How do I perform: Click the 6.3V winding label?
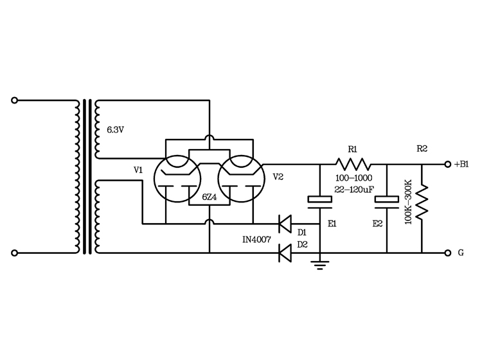click(x=115, y=130)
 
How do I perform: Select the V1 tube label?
click(x=138, y=170)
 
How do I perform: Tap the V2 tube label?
click(x=278, y=176)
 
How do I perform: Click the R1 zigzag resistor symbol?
click(x=352, y=164)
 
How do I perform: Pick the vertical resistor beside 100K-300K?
click(x=422, y=202)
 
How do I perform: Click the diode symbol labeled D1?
click(x=284, y=224)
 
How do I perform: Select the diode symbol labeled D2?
click(x=284, y=253)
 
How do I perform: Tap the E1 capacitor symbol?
click(x=319, y=201)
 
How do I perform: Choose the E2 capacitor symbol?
click(x=388, y=201)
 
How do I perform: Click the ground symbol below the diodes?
click(x=319, y=264)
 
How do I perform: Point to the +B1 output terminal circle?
click(x=447, y=164)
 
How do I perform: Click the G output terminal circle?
click(x=447, y=253)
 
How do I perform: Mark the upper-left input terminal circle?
click(x=14, y=100)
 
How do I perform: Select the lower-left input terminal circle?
click(x=14, y=253)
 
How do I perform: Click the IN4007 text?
click(x=256, y=239)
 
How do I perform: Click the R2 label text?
click(x=422, y=149)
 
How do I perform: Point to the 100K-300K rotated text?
click(x=409, y=202)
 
